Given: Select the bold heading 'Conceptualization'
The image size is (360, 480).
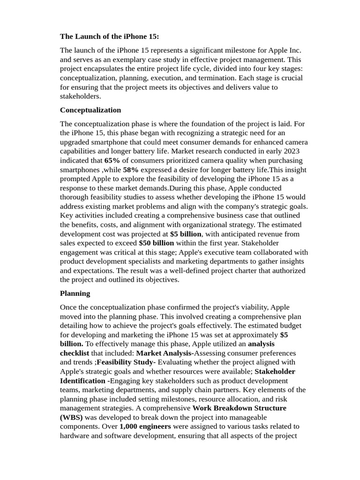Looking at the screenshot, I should [90, 110].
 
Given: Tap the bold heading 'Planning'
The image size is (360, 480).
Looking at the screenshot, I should [75, 293].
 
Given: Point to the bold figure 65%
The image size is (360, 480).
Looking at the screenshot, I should [112, 160].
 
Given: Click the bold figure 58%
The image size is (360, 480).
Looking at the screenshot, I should [131, 170].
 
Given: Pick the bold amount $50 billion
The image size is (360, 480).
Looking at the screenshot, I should [156, 243].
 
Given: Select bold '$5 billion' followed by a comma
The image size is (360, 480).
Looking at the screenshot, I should [186, 234].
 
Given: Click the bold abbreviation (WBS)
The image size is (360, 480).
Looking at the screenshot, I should [71, 417].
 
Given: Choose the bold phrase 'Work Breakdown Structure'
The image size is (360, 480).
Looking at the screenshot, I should [240, 408].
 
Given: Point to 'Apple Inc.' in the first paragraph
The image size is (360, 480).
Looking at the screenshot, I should [285, 50].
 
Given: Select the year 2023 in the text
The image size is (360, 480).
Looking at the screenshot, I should [292, 151].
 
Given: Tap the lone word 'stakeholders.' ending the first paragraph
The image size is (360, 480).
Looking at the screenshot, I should [80, 96].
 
